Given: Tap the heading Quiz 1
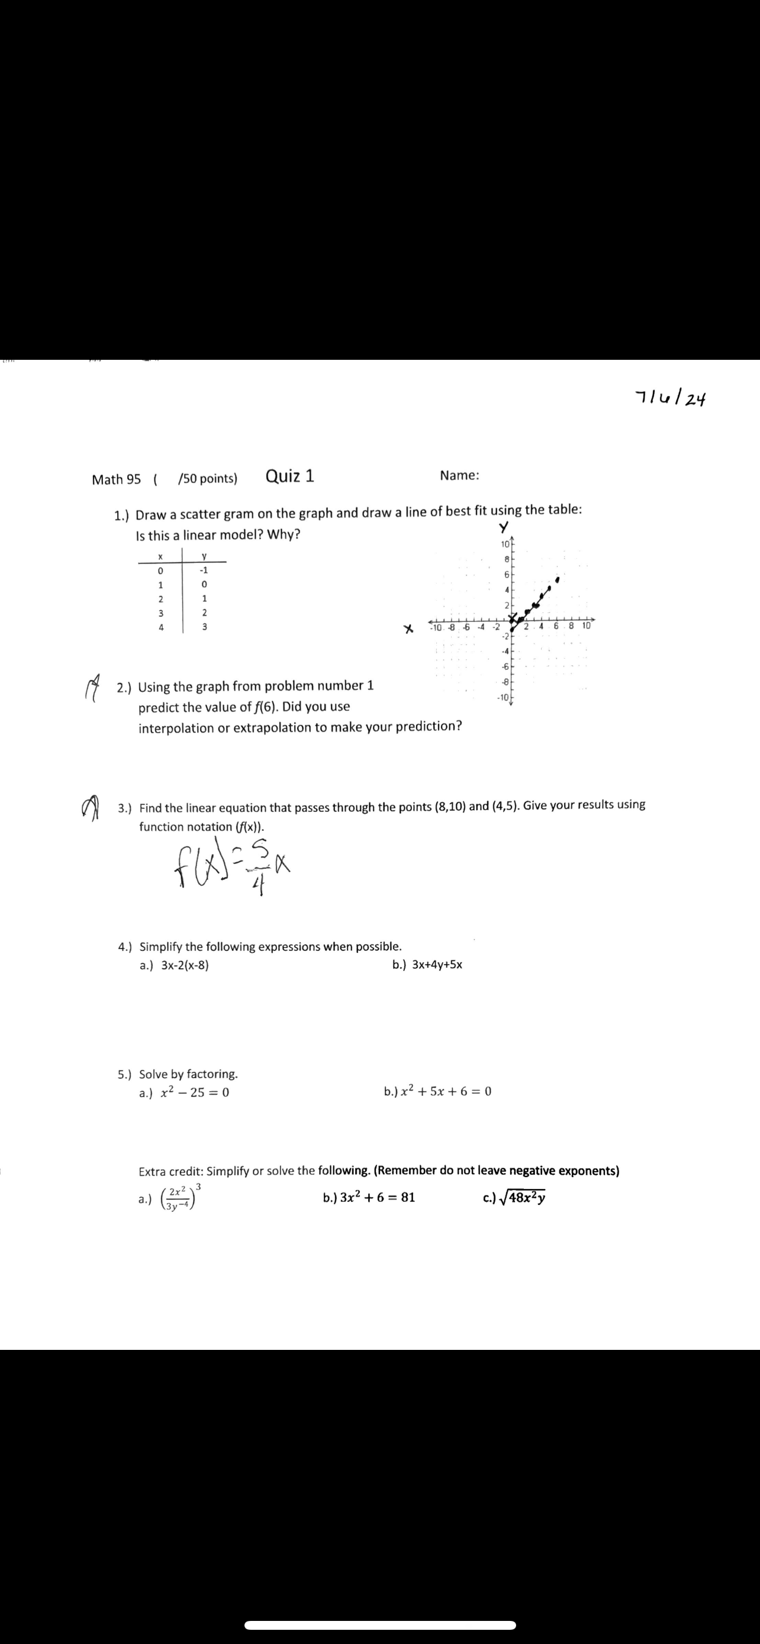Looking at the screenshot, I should click(289, 476).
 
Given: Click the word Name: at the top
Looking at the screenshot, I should click(459, 475).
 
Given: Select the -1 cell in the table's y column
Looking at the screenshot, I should click(204, 570).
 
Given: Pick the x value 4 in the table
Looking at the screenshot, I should click(161, 627).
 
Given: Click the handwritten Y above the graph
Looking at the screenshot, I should click(504, 527).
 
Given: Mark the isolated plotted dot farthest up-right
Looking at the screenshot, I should click(557, 580).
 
